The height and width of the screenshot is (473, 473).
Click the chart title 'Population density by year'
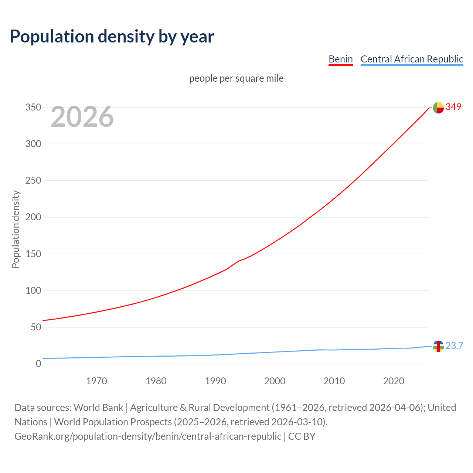point(112,37)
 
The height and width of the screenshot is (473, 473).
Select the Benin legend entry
point(340,59)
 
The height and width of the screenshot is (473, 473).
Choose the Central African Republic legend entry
point(412,59)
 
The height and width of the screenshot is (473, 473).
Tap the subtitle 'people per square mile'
point(236,78)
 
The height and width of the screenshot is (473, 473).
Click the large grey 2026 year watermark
point(82,117)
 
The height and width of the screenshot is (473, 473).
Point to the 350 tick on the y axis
point(33,108)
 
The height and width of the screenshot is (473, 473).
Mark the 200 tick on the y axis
point(33,217)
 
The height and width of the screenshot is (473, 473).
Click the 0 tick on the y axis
point(38,364)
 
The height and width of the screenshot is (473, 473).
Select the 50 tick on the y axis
point(36,327)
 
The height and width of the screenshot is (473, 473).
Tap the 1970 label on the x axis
point(96,381)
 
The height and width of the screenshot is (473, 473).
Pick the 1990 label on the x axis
point(215,381)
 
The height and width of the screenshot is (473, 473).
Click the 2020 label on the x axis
point(394,381)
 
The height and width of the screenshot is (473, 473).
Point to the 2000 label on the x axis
point(275,381)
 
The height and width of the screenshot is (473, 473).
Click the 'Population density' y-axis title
point(16,229)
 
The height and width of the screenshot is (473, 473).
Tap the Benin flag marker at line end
point(438,108)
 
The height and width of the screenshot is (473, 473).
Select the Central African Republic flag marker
point(438,346)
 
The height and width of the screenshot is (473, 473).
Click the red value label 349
point(453,107)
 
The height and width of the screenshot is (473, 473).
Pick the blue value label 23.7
point(454,346)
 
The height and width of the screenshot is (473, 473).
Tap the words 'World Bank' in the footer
point(98,408)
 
